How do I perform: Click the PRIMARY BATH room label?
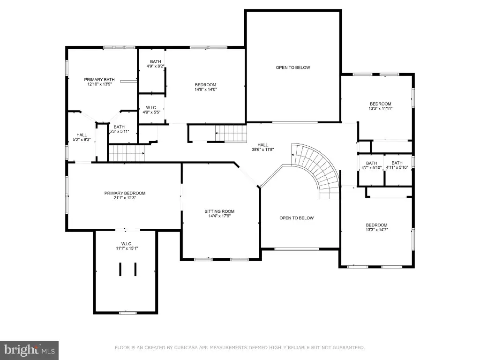click(99, 80)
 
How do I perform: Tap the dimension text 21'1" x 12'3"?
click(125, 198)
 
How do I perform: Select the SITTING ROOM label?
click(219, 211)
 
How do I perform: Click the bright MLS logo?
click(29, 350)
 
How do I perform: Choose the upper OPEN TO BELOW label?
click(293, 67)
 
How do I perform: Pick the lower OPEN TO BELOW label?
click(296, 218)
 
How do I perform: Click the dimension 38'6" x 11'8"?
click(262, 150)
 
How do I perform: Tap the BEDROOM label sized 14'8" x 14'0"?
click(205, 85)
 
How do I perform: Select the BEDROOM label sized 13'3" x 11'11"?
click(381, 104)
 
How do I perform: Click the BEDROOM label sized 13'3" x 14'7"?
click(376, 225)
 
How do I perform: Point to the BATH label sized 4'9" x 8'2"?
click(156, 61)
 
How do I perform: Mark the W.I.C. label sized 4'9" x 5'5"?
click(151, 108)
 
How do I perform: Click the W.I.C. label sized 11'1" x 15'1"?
click(127, 244)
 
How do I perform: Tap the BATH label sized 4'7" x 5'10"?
click(371, 163)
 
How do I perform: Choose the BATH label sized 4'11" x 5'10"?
click(397, 163)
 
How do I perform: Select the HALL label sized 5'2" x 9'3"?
click(82, 135)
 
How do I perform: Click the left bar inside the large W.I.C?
click(120, 270)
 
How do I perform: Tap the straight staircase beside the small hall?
click(127, 153)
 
